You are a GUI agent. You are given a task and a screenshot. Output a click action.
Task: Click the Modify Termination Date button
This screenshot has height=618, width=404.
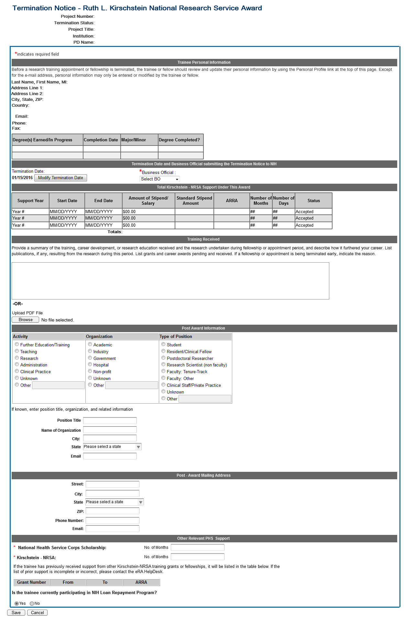point(60,178)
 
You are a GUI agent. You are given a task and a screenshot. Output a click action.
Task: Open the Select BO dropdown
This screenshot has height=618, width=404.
point(159,179)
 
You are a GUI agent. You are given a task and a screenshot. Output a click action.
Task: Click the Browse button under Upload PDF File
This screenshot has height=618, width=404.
point(26,320)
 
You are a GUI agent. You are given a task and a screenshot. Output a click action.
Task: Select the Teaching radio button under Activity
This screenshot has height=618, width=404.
point(17,351)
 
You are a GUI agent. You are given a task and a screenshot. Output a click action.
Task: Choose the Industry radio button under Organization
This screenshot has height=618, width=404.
point(90,351)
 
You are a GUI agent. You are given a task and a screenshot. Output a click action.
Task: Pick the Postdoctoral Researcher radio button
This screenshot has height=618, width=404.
point(163,358)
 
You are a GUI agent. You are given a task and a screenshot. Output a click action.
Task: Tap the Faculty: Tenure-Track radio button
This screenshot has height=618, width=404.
point(163,371)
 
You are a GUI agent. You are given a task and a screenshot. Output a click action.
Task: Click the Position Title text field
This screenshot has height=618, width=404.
point(110,420)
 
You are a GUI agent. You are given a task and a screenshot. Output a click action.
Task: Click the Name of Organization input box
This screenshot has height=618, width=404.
point(110,430)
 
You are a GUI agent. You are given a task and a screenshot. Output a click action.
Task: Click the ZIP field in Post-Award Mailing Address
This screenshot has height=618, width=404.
point(112,511)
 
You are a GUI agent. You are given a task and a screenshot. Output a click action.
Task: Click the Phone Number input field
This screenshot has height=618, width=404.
point(112,520)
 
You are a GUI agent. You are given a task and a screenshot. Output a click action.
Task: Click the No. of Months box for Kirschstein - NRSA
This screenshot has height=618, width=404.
point(197,557)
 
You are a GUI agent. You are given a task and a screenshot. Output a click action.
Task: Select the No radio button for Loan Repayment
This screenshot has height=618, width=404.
point(32,603)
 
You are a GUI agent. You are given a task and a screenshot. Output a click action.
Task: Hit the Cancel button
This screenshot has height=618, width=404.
point(37,613)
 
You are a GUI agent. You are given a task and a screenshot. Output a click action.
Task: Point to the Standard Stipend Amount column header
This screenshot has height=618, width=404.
point(194,201)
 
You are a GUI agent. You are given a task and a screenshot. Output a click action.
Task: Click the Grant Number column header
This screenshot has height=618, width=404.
point(31,582)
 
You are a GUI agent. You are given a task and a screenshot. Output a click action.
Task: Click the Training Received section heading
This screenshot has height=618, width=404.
point(203,239)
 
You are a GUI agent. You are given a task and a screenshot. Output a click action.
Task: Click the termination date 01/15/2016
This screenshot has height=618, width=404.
point(22,178)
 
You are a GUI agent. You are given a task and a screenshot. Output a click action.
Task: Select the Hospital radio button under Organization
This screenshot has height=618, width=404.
point(90,364)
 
